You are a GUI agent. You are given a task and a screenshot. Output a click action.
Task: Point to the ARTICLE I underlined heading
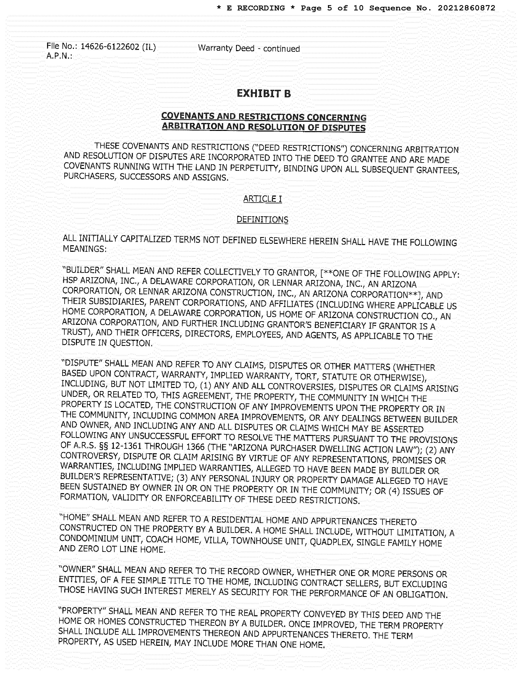coord(262,199)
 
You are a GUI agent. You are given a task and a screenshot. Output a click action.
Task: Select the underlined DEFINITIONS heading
coord(262,219)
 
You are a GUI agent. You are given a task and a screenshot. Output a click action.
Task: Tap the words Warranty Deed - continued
coord(249,48)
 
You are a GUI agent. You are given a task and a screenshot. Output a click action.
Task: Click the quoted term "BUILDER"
coord(82,270)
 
